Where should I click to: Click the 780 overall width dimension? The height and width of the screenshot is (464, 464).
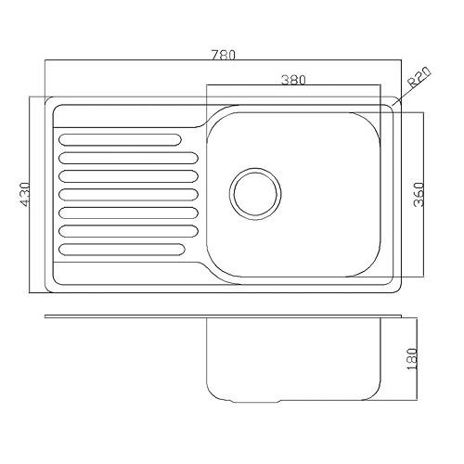(224, 55)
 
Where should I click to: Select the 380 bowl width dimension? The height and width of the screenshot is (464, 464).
(293, 80)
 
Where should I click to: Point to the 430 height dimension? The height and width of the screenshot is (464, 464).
(24, 194)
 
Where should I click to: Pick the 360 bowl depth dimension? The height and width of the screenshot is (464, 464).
(419, 194)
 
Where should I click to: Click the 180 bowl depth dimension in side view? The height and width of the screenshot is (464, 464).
(412, 359)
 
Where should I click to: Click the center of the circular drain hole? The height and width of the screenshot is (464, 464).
(255, 194)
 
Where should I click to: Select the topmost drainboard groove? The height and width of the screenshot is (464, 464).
(120, 140)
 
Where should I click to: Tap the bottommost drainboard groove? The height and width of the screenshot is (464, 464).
(122, 250)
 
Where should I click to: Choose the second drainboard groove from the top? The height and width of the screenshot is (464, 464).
(128, 158)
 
